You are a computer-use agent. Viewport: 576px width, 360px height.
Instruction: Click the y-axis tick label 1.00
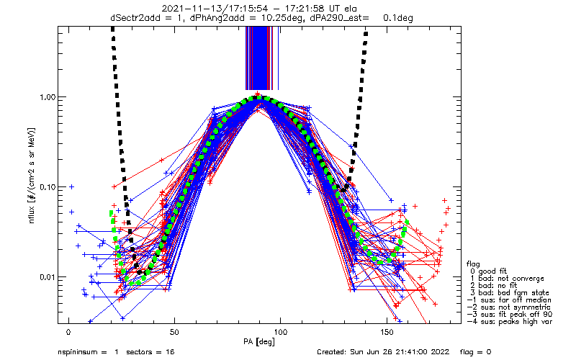tap(45, 97)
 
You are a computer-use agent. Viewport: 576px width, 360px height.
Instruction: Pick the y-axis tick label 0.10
tap(45, 187)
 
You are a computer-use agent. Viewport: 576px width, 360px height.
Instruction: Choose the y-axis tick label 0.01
tap(45, 277)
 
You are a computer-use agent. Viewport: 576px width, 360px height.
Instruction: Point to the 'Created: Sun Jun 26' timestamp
tap(359, 353)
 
